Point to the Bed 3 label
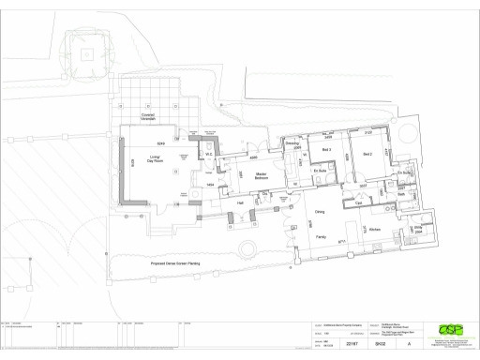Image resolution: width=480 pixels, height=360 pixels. pos(327,151)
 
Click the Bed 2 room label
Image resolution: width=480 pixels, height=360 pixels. pos(368,154)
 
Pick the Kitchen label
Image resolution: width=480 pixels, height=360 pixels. pos(374,229)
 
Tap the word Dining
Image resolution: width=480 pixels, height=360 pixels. pos(319,213)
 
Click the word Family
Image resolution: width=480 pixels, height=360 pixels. pos(320,237)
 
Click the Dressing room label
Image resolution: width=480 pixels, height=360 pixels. pos(292,143)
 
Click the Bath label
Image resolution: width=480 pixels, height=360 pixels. pos(400,196)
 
